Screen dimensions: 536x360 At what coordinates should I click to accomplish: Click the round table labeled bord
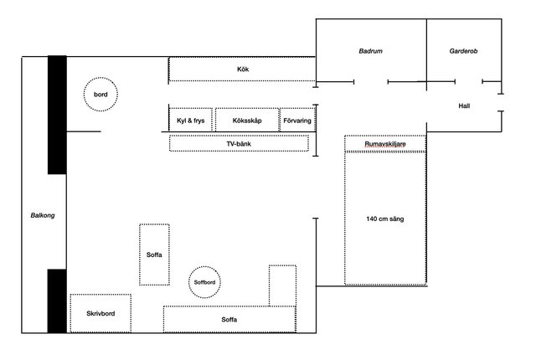pyautogui.click(x=100, y=78)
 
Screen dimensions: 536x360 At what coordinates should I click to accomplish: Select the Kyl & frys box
pyautogui.click(x=191, y=109)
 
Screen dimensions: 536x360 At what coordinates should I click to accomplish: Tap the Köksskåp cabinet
pyautogui.click(x=247, y=109)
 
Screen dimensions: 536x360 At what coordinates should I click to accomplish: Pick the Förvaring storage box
pyautogui.click(x=297, y=109)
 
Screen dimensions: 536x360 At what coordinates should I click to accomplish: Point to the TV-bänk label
pyautogui.click(x=239, y=144)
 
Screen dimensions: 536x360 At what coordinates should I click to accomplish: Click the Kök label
pyautogui.click(x=243, y=69)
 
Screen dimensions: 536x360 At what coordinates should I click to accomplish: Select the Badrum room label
pyautogui.click(x=370, y=51)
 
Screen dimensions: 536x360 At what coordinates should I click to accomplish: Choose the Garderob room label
pyautogui.click(x=463, y=51)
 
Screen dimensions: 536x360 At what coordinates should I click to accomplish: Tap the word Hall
pyautogui.click(x=464, y=105)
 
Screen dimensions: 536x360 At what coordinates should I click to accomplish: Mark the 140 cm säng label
pyautogui.click(x=385, y=219)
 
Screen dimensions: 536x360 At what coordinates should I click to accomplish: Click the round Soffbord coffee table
pyautogui.click(x=204, y=267)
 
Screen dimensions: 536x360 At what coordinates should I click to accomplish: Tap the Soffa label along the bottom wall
pyautogui.click(x=229, y=320)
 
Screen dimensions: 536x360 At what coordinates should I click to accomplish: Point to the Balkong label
pyautogui.click(x=43, y=215)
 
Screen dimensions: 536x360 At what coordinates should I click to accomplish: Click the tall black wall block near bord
pyautogui.click(x=57, y=115)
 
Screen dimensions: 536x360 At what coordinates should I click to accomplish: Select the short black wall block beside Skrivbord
pyautogui.click(x=57, y=301)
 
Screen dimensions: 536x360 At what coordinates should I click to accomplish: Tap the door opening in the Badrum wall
pyautogui.click(x=371, y=82)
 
